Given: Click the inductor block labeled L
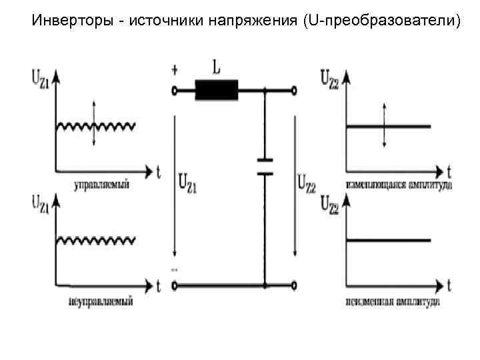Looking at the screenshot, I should point(216,90).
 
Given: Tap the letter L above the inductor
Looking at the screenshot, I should point(216,68).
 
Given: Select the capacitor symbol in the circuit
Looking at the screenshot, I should point(265,166).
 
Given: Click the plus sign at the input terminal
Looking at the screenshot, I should point(175,69).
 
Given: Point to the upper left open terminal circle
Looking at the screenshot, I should point(175,90).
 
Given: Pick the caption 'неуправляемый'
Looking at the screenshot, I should point(101,301).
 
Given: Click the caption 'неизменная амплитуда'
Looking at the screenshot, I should point(393,301).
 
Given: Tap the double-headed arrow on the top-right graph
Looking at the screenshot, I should point(384,125).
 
